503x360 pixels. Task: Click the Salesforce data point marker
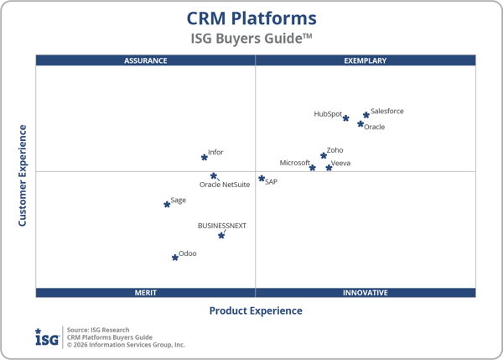pos(366,115)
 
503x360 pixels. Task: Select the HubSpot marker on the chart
pos(345,118)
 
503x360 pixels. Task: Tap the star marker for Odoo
pos(175,258)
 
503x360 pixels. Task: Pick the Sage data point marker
pos(167,204)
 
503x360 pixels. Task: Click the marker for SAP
pos(262,179)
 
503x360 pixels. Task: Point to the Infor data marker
pos(204,157)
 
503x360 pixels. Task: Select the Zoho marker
pos(324,155)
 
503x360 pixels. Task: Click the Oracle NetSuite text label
pos(225,185)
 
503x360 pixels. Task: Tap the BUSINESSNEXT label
pos(222,226)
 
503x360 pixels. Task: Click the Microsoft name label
pos(295,163)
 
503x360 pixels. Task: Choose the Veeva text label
pos(340,164)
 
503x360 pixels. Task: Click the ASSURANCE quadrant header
pos(146,60)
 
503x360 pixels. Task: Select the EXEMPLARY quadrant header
pos(366,60)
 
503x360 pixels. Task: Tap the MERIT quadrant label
pos(146,293)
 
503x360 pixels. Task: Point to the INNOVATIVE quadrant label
pos(366,293)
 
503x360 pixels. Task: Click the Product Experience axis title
pos(256,310)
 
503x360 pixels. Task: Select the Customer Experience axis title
pos(23,175)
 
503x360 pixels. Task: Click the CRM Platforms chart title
pos(251,18)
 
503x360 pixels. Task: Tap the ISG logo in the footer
pos(47,337)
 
